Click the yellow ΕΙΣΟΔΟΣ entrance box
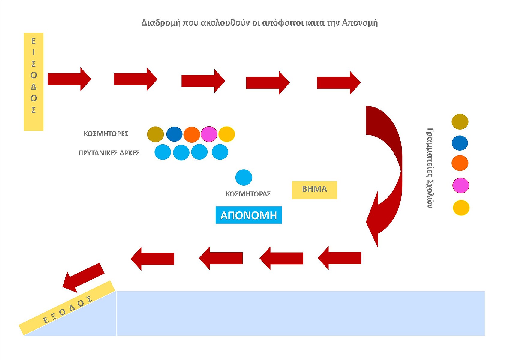34,82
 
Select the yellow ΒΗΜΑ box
314,190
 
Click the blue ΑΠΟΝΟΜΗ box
249,215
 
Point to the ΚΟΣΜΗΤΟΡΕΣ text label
106,134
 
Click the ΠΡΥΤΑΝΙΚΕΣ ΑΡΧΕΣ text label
109,153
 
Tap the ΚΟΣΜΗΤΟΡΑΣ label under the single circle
248,194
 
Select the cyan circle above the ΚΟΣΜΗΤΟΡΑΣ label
244,177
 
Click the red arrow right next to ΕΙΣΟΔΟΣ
69,79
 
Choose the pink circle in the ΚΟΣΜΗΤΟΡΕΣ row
209,134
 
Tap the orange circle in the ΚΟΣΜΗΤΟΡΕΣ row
192,134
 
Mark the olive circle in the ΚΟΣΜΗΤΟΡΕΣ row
155,134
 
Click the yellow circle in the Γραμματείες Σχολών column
461,208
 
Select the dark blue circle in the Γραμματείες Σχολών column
460,143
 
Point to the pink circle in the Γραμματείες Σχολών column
460,185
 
